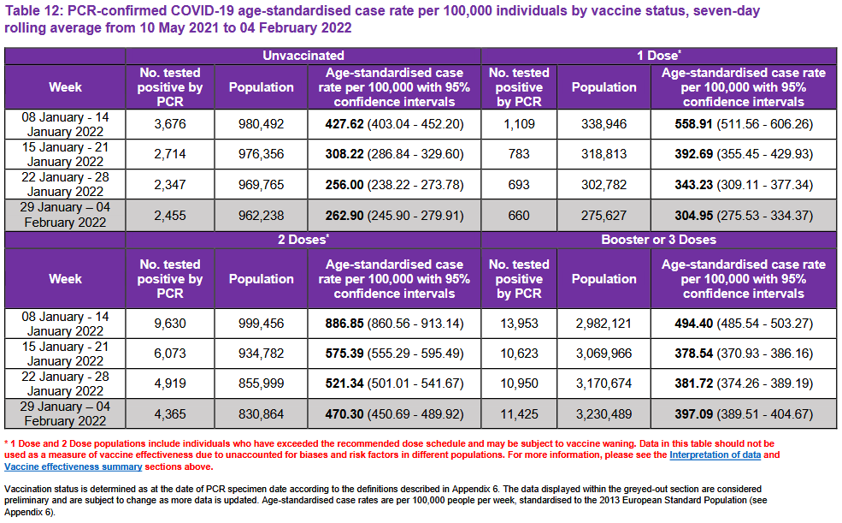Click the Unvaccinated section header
pos(303,55)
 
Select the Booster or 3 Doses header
pos(657,240)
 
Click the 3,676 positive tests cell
pos(170,124)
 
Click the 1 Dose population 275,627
pos(604,216)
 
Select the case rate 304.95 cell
pos(743,216)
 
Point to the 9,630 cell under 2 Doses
pos(170,324)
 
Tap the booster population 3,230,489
pos(604,413)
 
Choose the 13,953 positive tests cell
pos(519,324)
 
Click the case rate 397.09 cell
pos(743,413)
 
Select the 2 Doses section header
pos(303,240)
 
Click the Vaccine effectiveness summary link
pos(74,467)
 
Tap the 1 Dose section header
pos(657,55)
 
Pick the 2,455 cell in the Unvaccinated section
pos(170,216)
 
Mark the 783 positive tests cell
pos(519,155)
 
